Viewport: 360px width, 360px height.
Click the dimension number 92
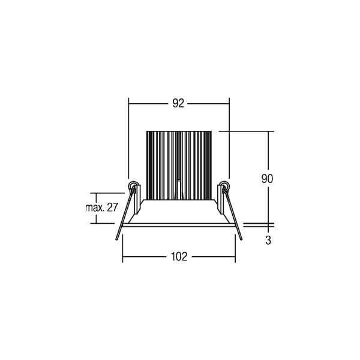(178, 103)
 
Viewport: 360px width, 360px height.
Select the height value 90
(268, 178)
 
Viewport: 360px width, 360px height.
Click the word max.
(90, 208)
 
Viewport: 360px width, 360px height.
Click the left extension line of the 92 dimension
(129, 138)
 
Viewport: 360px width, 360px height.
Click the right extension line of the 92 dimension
(230, 138)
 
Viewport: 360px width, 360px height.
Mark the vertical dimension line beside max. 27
(95, 208)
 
